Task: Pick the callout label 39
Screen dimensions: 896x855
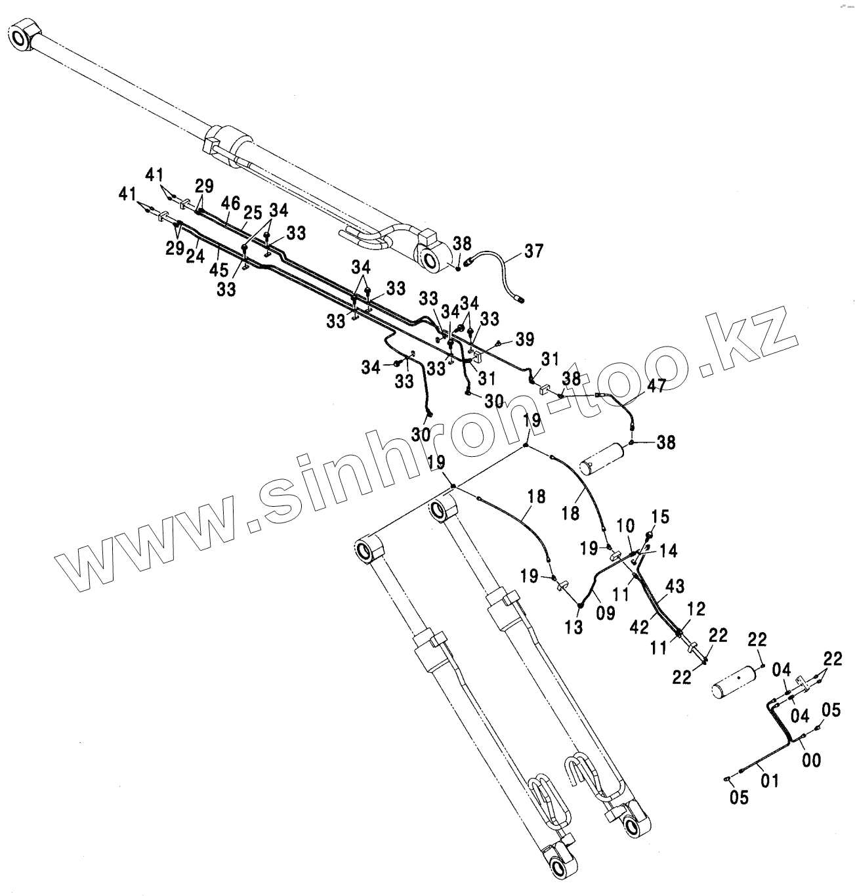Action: coord(524,339)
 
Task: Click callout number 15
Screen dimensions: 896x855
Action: coord(660,517)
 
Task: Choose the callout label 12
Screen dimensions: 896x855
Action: coord(697,609)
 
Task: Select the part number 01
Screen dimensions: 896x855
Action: coord(769,781)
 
